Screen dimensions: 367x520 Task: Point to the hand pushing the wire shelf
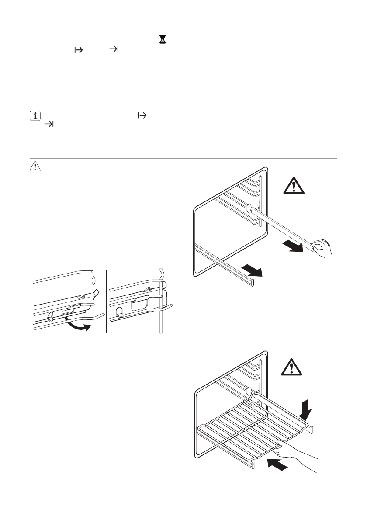point(301,454)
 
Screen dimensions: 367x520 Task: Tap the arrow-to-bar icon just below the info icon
point(49,125)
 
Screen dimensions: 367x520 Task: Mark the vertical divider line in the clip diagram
point(107,302)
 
